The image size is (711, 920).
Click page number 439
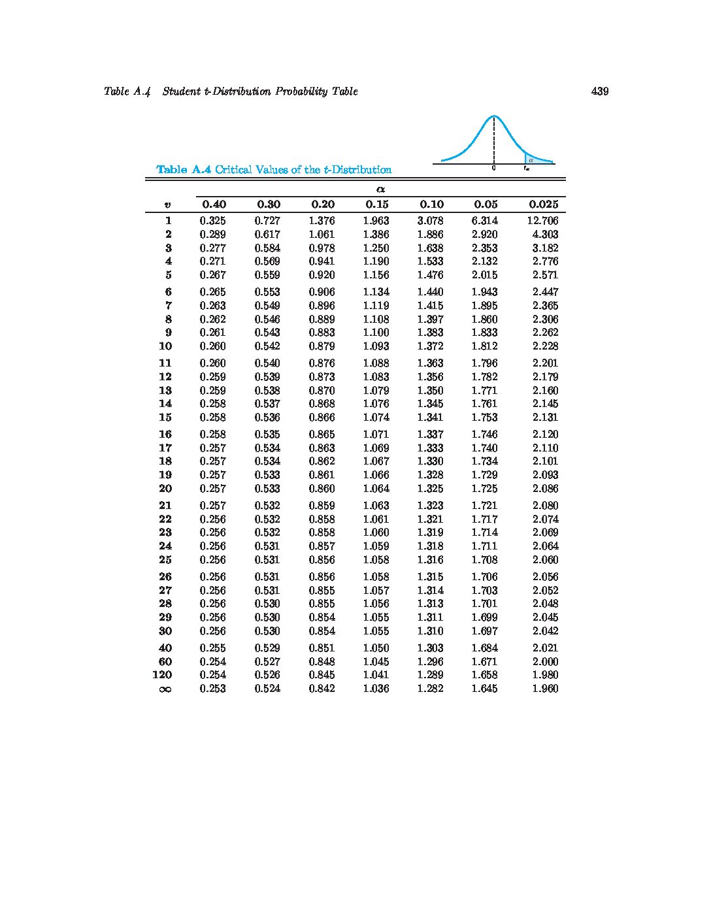coord(599,91)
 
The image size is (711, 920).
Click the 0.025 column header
coord(544,205)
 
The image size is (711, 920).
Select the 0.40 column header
coord(214,205)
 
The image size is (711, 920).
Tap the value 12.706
coord(542,221)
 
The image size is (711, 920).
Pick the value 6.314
coord(484,221)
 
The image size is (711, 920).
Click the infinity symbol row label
coord(165,689)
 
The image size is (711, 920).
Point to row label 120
coord(162,675)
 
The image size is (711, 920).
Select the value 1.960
coord(545,689)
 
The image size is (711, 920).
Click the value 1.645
coord(484,689)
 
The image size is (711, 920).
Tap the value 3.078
coord(430,221)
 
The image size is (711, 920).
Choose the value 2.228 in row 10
coord(545,346)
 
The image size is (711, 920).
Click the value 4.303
coord(545,235)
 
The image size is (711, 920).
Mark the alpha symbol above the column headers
coord(380,189)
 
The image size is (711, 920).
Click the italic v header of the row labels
coord(168,205)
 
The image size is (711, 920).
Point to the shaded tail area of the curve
coord(531,159)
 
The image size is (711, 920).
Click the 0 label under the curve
coord(494,169)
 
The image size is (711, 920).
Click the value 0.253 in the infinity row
coord(213,689)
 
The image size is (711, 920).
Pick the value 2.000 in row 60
coord(545,662)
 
